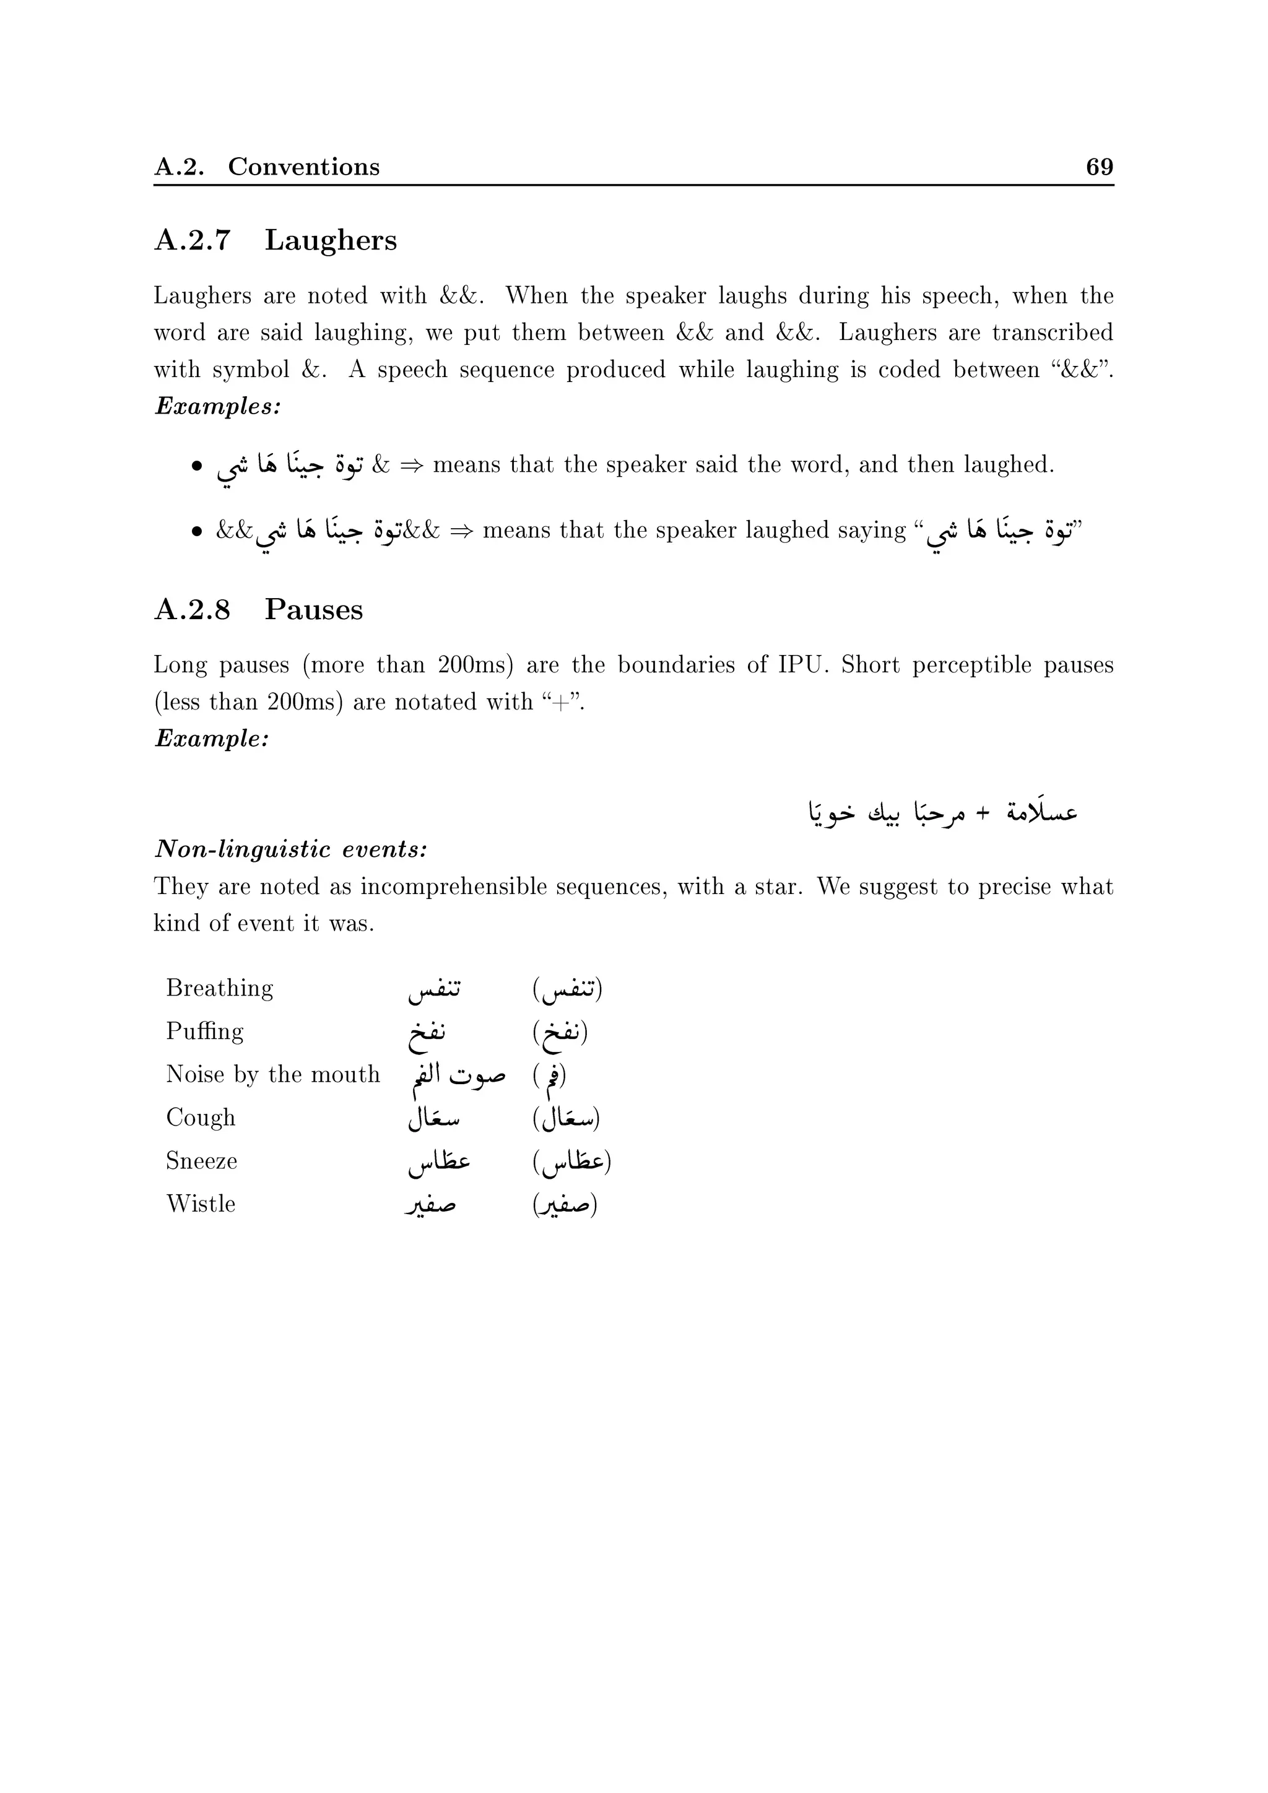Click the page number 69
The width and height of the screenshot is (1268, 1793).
pos(1100,167)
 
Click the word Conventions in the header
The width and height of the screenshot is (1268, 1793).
pos(304,167)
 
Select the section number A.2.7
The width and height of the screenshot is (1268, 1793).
pos(192,240)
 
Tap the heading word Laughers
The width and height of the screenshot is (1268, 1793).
pos(330,240)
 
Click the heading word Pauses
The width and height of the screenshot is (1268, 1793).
pos(313,609)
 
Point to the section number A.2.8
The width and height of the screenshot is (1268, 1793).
pos(192,609)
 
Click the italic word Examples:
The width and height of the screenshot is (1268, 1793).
pos(218,406)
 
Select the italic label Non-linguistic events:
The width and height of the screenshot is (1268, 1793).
pos(290,849)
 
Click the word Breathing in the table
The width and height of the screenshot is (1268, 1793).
pos(219,989)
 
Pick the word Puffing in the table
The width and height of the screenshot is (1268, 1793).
pos(204,1031)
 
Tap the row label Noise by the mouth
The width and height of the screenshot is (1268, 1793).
pos(272,1075)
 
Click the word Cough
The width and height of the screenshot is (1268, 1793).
pos(201,1118)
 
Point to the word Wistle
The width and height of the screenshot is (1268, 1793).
pos(201,1204)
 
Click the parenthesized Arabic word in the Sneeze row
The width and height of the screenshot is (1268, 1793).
pos(571,1162)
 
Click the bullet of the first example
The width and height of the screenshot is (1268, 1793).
pos(197,466)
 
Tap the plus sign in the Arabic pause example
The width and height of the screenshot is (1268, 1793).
pos(983,813)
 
